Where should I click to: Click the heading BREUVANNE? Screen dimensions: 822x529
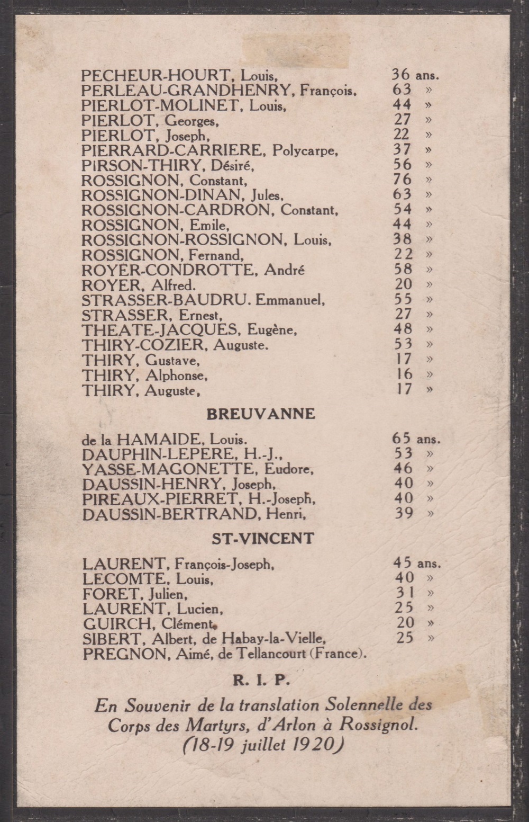(261, 414)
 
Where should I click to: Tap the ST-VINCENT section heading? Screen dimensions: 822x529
(263, 539)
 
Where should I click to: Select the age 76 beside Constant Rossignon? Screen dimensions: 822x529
(402, 180)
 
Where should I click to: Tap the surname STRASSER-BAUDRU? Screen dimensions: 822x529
(165, 300)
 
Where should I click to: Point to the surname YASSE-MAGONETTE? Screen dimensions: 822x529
(167, 469)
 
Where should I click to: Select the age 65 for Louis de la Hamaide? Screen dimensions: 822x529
(402, 439)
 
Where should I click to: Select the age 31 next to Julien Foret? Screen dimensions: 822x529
(404, 593)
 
